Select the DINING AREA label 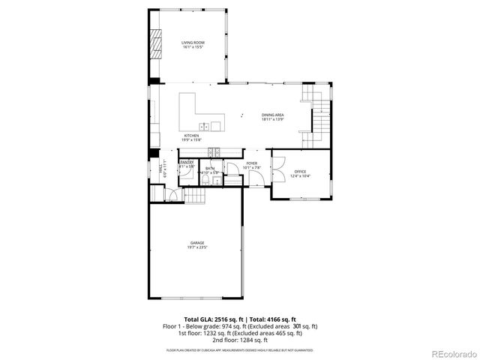point(272,115)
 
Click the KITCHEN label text point(192,136)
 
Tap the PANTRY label point(187,163)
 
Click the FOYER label point(252,163)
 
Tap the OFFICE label point(300,172)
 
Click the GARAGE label point(197,243)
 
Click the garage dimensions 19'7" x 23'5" point(197,247)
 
